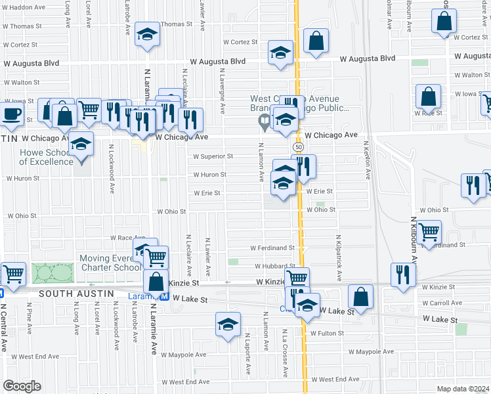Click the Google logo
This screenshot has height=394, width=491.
22,386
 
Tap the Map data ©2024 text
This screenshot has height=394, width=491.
463,389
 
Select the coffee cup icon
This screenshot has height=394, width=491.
11,114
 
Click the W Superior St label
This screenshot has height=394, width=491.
213,156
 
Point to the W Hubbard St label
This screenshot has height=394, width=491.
275,266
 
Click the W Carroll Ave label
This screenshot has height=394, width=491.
443,303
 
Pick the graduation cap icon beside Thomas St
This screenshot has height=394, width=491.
147,34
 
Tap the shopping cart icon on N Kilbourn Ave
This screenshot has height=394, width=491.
429,232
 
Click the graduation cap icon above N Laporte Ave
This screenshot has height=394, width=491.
228,325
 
